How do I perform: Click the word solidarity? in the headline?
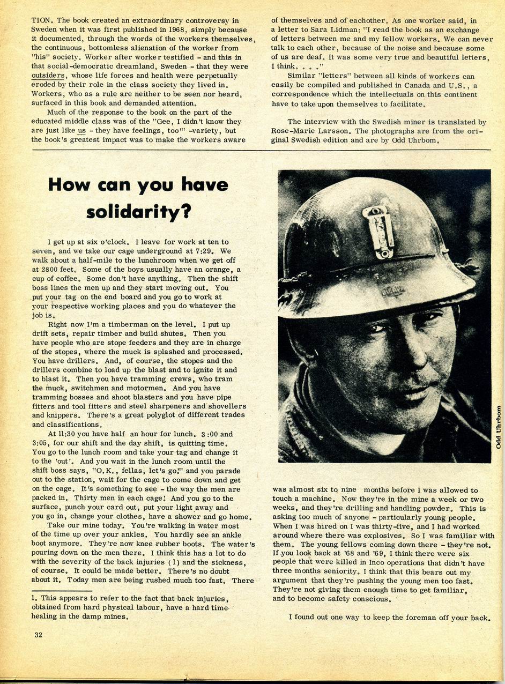coord(138,212)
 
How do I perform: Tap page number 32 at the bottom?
coord(38,635)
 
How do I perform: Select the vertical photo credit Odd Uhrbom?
coord(498,426)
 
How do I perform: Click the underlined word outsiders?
coord(48,75)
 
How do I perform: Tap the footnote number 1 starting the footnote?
coord(33,598)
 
